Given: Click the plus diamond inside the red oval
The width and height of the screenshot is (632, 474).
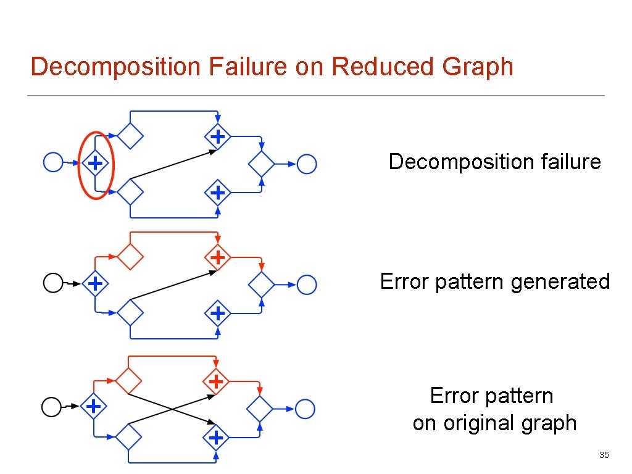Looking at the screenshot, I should (x=95, y=164).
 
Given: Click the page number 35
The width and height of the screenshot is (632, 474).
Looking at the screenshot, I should (x=604, y=455).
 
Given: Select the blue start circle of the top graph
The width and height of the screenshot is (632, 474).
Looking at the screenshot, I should (x=54, y=163).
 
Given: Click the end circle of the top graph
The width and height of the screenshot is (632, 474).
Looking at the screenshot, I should (x=307, y=164).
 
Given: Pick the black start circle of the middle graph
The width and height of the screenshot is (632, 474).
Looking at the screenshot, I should (x=53, y=284).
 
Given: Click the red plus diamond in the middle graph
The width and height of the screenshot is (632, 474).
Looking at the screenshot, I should (x=217, y=256).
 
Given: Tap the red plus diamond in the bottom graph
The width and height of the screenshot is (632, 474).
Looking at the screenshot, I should (x=216, y=381).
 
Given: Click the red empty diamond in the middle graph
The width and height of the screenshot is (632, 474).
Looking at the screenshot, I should (x=130, y=256).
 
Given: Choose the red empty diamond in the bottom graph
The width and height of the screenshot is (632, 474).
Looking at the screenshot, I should (x=129, y=380).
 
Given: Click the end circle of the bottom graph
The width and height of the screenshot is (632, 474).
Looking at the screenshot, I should (x=305, y=409).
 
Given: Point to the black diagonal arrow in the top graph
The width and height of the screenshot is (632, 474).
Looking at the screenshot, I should (x=173, y=164).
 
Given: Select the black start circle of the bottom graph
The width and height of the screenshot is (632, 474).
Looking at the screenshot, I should (x=51, y=407).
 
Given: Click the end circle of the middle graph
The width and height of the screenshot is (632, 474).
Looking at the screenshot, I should (x=307, y=285).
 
